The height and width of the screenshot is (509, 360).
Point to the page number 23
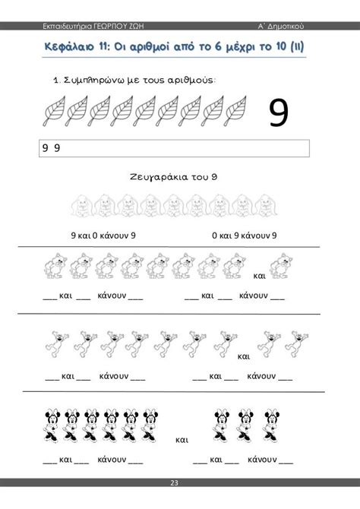(x=180, y=502)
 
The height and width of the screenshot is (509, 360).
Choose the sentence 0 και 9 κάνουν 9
(x=245, y=236)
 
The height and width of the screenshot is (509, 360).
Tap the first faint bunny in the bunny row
(x=83, y=204)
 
